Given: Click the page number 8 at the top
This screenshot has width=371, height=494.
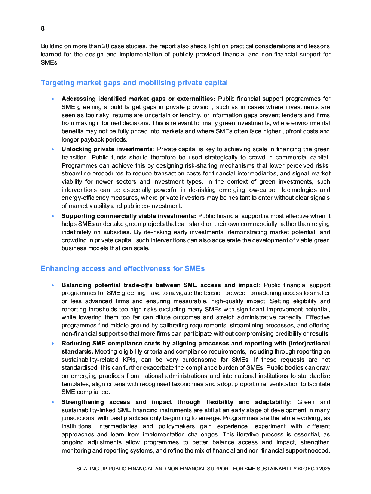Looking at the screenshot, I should (x=43, y=28).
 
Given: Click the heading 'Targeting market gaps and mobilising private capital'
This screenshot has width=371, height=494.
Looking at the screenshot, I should (x=134, y=83).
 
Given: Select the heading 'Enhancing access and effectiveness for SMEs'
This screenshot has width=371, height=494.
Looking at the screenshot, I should (x=123, y=269).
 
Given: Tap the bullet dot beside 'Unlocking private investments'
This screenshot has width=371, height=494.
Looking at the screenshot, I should (x=53, y=149).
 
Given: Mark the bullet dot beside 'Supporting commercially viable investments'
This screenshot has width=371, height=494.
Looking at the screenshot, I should (x=53, y=216).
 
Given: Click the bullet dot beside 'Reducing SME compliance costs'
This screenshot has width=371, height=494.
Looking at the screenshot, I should (x=53, y=344).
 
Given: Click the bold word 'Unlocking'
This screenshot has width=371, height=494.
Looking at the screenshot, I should (x=75, y=149).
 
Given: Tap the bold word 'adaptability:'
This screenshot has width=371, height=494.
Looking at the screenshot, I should (x=273, y=402).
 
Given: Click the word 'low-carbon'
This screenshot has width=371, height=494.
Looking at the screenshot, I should (x=263, y=190).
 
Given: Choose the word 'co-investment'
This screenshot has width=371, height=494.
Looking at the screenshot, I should (x=163, y=206).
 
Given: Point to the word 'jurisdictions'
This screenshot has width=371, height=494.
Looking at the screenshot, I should (x=78, y=418).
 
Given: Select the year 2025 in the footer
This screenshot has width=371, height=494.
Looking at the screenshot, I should (x=325, y=469).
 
